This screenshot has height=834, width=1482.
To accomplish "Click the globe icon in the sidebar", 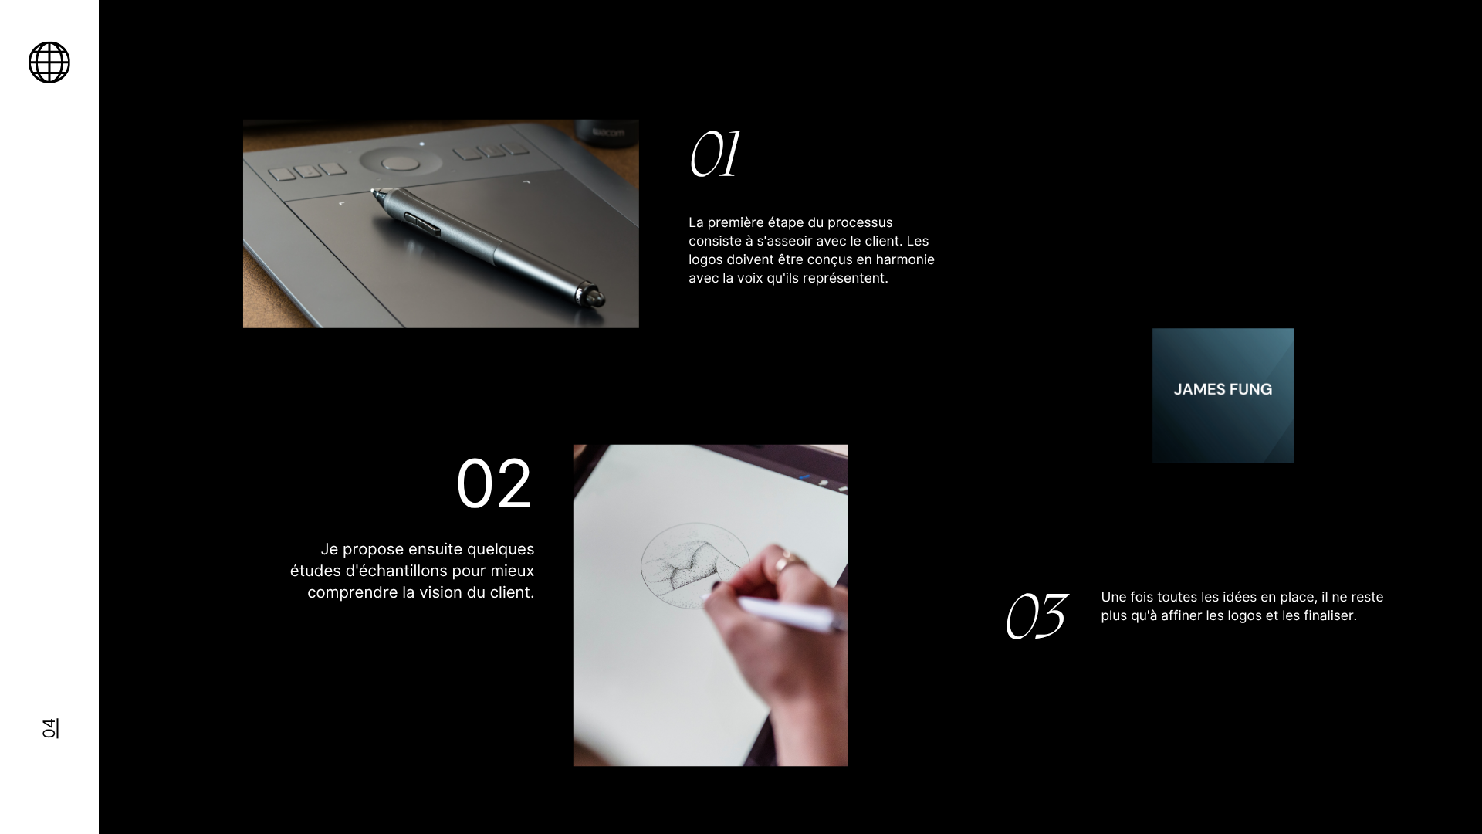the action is click(x=49, y=62).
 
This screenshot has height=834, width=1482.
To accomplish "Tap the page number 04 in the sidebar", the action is click(x=49, y=728).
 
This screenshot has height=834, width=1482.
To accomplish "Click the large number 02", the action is click(x=494, y=484).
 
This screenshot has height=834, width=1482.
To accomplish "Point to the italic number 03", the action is click(x=1037, y=615).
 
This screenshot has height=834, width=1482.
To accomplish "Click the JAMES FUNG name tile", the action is click(x=1223, y=395).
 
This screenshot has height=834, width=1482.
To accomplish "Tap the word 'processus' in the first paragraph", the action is click(x=861, y=222).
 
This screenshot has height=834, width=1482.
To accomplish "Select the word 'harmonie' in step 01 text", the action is click(x=905, y=259).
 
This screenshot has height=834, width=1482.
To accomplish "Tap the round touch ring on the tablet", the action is click(x=400, y=162).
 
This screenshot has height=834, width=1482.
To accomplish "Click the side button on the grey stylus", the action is click(x=423, y=223).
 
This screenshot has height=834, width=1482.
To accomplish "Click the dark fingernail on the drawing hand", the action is click(x=716, y=587).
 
